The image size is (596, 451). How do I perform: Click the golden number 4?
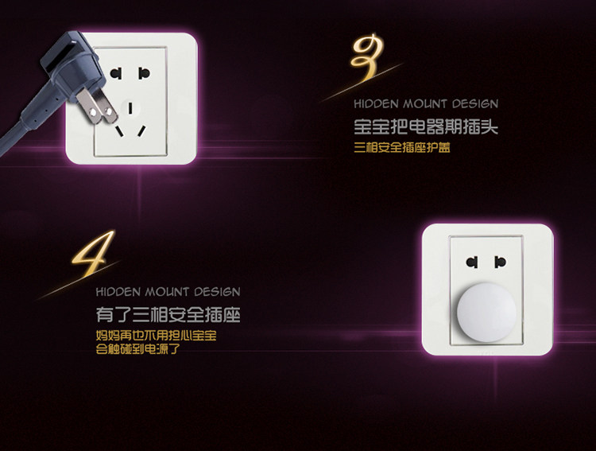pos(93,253)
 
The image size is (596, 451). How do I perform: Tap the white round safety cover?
pos(486,312)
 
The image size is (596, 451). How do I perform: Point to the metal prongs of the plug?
pos(97,107)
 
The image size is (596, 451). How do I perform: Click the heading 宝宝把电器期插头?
pos(426,126)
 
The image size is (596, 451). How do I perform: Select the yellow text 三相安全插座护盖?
pos(402,147)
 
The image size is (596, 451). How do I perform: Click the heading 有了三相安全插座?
pos(168,315)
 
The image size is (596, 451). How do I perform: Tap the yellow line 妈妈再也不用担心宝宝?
pos(156,336)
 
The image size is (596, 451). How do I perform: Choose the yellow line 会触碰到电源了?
pos(137,348)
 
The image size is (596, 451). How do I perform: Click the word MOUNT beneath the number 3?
pos(425,104)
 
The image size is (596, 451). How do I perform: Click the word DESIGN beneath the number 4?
pos(217,292)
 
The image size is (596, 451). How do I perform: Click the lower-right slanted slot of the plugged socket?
pos(141,131)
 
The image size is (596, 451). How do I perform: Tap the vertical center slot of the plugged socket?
pos(130,108)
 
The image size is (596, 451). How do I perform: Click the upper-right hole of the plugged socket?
pos(144,73)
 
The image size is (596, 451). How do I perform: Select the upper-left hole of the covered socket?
pos(472,262)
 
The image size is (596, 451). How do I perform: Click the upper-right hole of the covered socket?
pos(500,262)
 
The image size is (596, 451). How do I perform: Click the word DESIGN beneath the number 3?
pos(475,104)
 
